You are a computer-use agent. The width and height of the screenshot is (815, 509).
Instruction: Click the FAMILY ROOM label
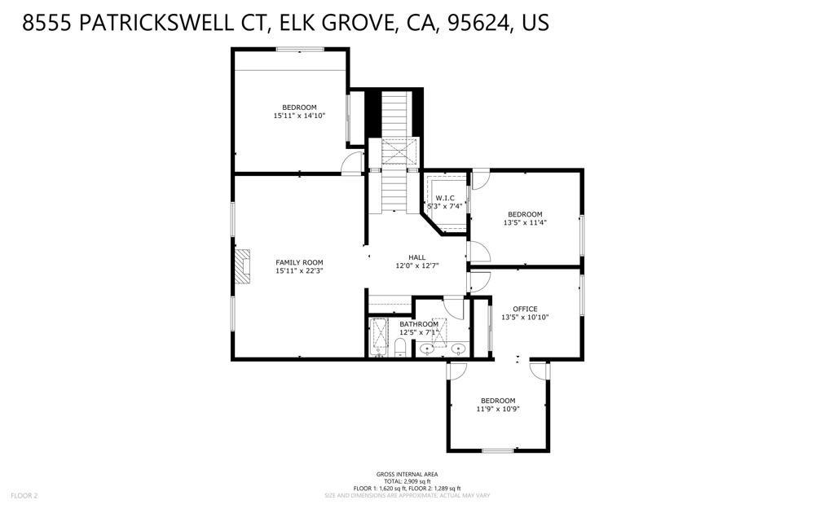click(299, 262)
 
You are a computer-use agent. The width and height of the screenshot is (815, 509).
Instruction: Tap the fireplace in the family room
click(242, 266)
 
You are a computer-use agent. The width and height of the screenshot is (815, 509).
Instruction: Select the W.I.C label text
click(445, 198)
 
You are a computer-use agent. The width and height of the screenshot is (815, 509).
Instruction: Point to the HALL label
click(417, 257)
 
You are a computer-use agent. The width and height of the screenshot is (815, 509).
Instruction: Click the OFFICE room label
click(525, 309)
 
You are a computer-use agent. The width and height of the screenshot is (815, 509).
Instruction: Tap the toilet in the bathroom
click(401, 349)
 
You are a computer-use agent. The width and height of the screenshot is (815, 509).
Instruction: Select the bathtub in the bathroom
click(380, 337)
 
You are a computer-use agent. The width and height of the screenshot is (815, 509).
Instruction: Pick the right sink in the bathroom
click(459, 349)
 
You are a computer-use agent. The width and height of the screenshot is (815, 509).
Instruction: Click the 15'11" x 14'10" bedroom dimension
click(299, 116)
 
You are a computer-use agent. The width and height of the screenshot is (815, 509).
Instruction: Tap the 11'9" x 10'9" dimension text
click(497, 409)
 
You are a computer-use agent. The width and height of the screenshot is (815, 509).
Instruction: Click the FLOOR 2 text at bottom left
click(24, 495)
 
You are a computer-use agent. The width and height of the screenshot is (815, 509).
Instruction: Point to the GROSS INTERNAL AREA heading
click(407, 474)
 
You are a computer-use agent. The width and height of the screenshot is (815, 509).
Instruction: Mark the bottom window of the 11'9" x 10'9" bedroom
click(497, 450)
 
